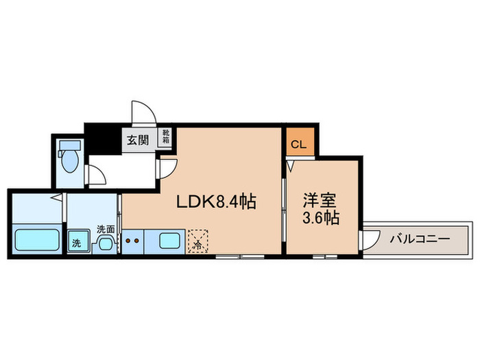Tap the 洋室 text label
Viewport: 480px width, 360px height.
321,201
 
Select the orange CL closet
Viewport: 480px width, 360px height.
299,144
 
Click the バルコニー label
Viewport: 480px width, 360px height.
419,239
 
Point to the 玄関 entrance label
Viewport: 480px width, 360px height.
137,141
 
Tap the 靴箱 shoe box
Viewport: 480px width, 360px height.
165,136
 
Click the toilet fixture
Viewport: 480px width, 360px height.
69,158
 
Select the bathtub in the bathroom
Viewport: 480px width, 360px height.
38,241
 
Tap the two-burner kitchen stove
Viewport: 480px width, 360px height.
133,241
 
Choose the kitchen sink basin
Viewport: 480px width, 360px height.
169,241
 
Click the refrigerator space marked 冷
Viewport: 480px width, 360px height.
199,241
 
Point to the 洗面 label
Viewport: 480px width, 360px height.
105,228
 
